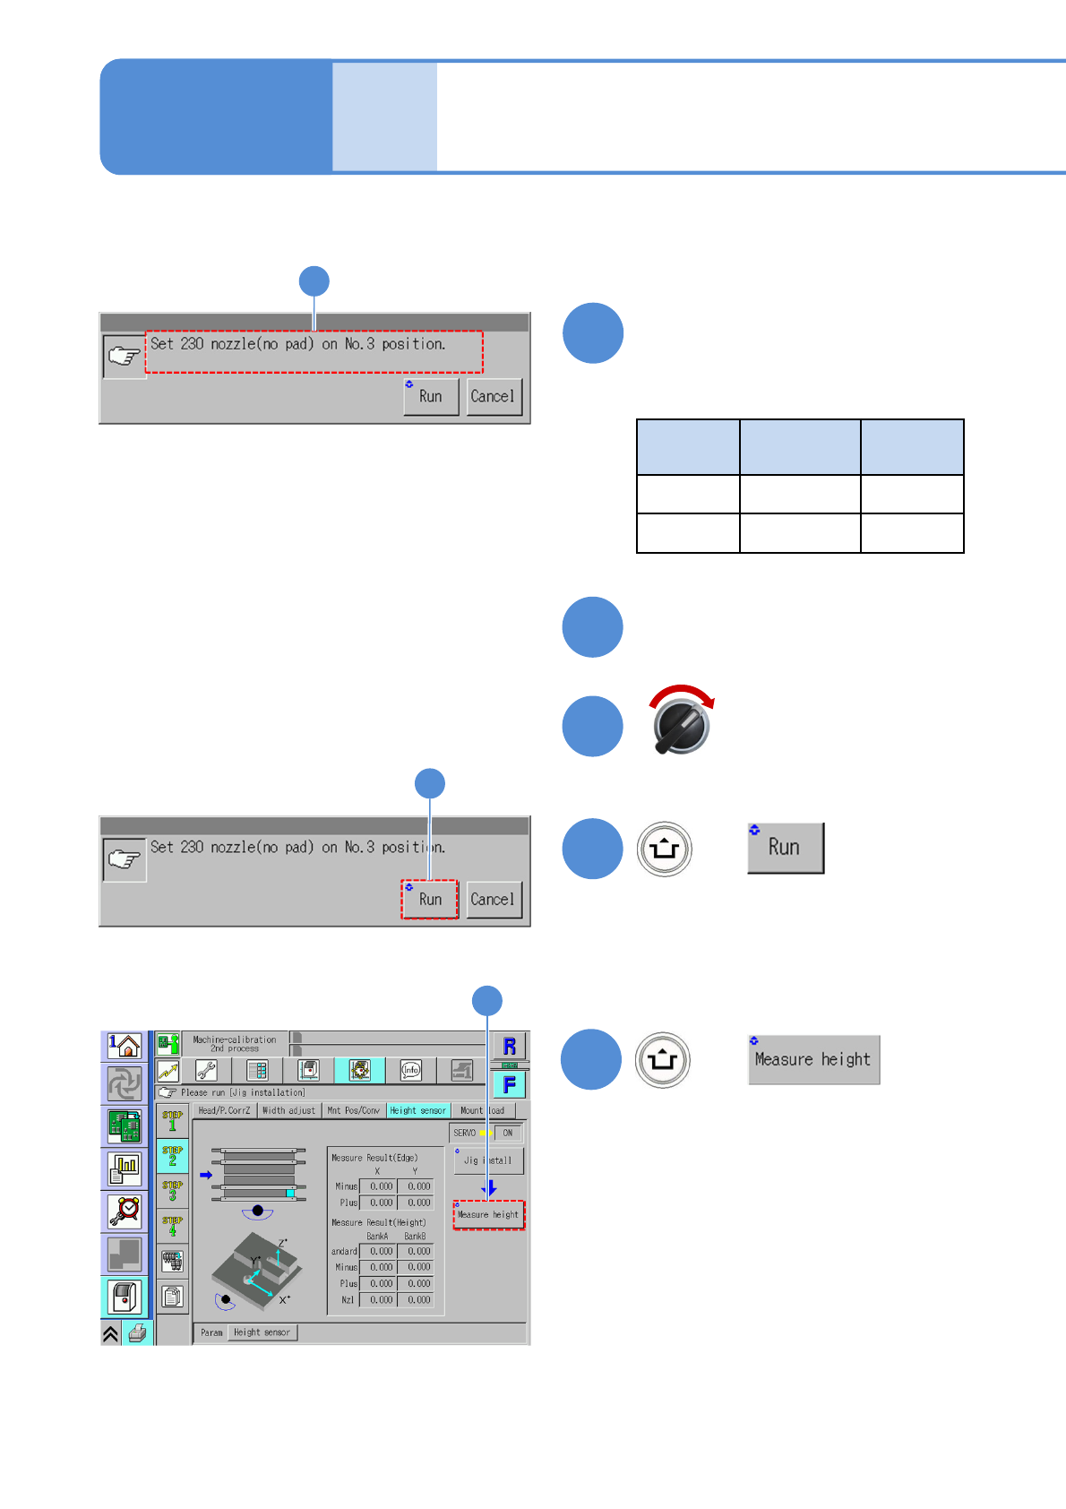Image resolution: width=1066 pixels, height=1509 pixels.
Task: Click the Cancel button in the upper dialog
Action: [x=493, y=396]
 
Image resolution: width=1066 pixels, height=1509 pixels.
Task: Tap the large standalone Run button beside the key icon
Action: [x=786, y=848]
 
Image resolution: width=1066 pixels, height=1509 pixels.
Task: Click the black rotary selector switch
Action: [x=682, y=724]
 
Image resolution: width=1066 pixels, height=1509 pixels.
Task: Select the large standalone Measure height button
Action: [x=813, y=1059]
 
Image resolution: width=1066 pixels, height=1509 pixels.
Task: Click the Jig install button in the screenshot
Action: [x=488, y=1160]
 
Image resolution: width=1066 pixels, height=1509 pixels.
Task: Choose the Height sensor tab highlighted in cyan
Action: [x=417, y=1110]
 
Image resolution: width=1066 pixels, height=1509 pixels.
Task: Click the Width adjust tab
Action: [x=288, y=1110]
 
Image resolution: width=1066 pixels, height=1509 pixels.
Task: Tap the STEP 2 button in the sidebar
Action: [x=173, y=1156]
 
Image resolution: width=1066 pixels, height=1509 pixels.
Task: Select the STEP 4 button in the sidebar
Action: [x=173, y=1226]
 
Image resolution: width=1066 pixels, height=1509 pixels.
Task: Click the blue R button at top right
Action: [x=510, y=1046]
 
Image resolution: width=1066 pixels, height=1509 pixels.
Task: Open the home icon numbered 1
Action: [x=125, y=1045]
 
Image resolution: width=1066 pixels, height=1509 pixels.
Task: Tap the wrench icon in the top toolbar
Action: [x=206, y=1070]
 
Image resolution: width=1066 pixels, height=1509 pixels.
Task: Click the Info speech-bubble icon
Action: [x=411, y=1070]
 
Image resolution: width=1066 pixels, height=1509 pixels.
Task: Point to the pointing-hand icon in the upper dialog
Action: [x=124, y=357]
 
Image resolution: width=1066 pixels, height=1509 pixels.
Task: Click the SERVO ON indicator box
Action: [x=507, y=1133]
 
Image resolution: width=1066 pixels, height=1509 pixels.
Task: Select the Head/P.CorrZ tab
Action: [x=224, y=1110]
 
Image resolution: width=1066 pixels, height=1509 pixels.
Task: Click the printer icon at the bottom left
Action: [x=137, y=1333]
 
